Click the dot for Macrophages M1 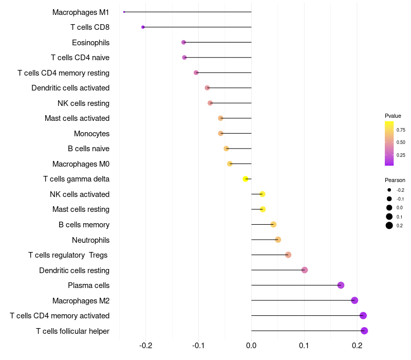tap(124, 12)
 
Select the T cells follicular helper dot tap(364, 331)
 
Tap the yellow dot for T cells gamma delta tap(246, 179)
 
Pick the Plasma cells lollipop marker tap(341, 285)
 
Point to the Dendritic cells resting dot tap(305, 270)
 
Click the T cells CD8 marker tap(143, 27)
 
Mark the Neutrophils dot tap(278, 240)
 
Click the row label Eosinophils tap(90, 42)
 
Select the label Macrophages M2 tap(81, 300)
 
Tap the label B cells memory tap(84, 225)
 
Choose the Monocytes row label tap(91, 134)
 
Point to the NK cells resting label tap(83, 103)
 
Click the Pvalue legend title tap(393, 116)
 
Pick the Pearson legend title tap(395, 180)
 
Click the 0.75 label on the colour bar tap(401, 130)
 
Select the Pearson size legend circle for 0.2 tap(389, 225)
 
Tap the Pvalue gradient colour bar tap(389, 143)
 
